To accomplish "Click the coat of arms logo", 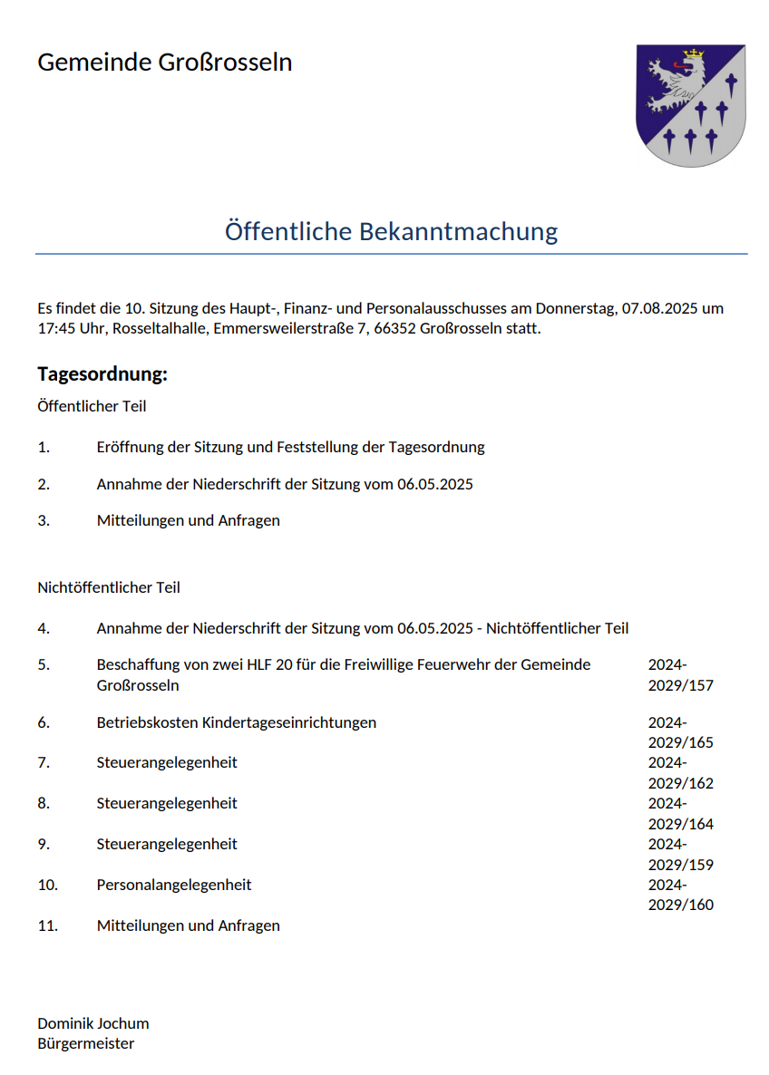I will point(691,105).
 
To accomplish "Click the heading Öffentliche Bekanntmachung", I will point(391,231).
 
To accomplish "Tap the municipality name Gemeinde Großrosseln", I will point(164,63).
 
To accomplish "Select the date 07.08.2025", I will point(659,308).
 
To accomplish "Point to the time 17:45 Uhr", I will point(70,328).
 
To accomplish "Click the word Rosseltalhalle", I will point(161,328).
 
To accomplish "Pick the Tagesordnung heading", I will point(102,374).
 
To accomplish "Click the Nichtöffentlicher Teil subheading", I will point(109,587).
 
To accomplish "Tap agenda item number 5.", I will point(44,664).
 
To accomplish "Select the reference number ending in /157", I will point(680,675).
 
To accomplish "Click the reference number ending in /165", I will point(680,733).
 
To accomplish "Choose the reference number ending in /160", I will point(680,895).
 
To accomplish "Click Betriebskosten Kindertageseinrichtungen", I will point(236,722).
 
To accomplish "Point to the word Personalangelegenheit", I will point(174,885).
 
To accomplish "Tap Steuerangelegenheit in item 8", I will point(167,803).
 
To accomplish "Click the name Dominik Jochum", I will point(93,1023).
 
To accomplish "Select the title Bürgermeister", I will point(86,1043).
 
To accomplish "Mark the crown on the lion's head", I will point(694,54).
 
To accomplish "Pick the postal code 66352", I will point(394,328).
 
